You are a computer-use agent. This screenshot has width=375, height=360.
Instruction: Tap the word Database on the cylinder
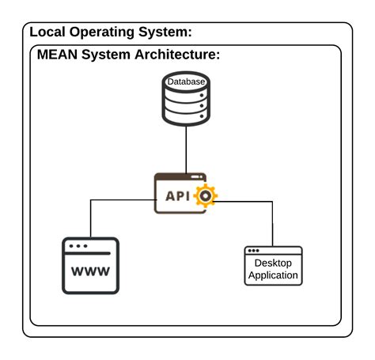click(x=186, y=81)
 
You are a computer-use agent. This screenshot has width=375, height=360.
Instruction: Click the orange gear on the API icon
click(x=206, y=195)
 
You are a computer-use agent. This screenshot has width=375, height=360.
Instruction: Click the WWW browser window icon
click(x=90, y=265)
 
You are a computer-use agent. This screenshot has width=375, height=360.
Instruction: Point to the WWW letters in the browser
click(x=90, y=272)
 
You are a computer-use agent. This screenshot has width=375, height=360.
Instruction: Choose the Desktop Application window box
click(x=273, y=266)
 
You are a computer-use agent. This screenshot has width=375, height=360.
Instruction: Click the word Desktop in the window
click(x=273, y=263)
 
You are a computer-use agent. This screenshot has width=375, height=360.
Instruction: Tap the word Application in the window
click(x=273, y=275)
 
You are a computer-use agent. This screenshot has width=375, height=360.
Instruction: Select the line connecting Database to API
click(x=186, y=150)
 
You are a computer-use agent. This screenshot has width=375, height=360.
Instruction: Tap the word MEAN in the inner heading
click(x=58, y=55)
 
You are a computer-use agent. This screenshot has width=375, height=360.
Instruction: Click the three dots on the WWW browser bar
click(x=78, y=246)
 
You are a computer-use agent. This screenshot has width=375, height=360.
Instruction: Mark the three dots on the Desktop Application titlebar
click(x=254, y=251)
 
